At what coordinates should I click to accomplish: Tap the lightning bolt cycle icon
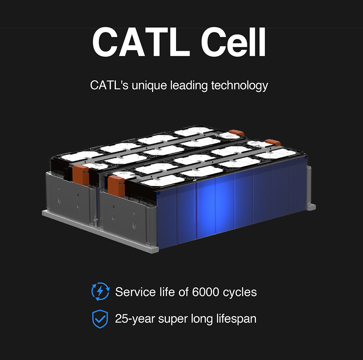click(x=100, y=292)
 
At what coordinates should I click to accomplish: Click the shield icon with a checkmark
click(x=100, y=319)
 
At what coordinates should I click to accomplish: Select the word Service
click(x=132, y=292)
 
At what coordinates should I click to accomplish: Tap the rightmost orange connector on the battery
click(x=273, y=142)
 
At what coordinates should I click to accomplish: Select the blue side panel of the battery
click(x=232, y=203)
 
